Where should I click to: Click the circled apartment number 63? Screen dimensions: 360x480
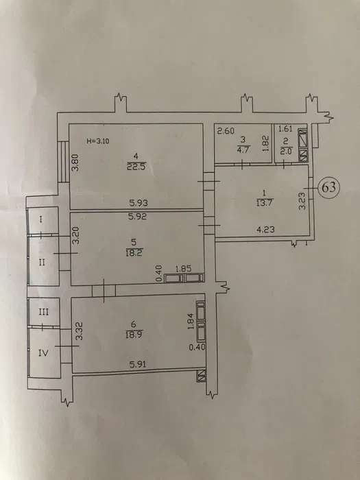click(x=328, y=187)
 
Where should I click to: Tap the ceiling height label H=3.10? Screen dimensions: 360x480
click(x=98, y=141)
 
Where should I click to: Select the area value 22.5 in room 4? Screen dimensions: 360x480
click(x=136, y=167)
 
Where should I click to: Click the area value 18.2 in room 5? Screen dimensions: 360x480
click(x=134, y=253)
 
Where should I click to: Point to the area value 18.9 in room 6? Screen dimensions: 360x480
click(x=134, y=335)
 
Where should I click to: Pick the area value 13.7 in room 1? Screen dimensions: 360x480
click(x=265, y=202)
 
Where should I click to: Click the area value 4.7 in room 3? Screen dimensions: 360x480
click(x=243, y=149)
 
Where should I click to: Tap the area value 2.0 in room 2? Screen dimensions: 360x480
click(x=287, y=151)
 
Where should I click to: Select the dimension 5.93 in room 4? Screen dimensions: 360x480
click(x=138, y=203)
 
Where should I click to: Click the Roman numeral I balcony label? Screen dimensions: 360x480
click(x=41, y=219)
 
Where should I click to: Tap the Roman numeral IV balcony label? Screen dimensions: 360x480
click(x=43, y=353)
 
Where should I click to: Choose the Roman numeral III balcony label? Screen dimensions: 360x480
click(x=43, y=312)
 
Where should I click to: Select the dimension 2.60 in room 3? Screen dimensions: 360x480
click(x=226, y=132)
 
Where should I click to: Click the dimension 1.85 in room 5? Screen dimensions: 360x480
click(x=183, y=269)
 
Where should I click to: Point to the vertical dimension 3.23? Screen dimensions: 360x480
click(x=302, y=200)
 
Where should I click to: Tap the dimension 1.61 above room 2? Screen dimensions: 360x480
click(x=285, y=129)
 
